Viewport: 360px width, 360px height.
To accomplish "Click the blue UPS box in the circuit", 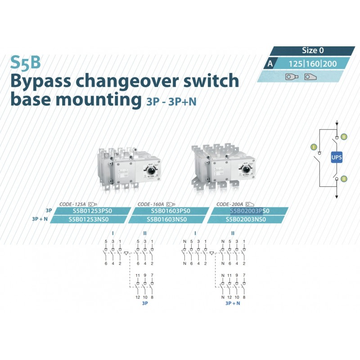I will pyautogui.click(x=337, y=157).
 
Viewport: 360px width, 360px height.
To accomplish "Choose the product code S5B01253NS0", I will pyautogui.click(x=89, y=219).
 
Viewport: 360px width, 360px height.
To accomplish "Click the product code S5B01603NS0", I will pyautogui.click(x=166, y=219).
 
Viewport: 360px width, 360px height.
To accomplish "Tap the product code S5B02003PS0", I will pyautogui.click(x=250, y=211).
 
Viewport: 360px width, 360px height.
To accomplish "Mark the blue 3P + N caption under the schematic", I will pyautogui.click(x=233, y=304).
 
